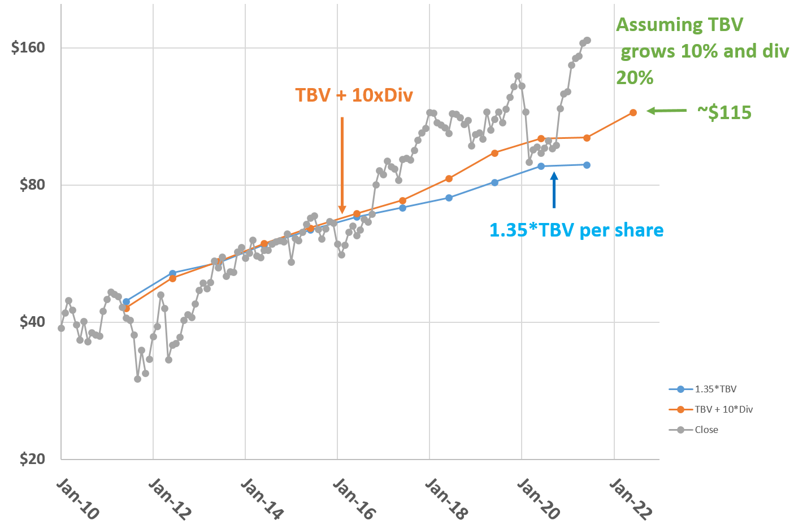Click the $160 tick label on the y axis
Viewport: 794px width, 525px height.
coord(28,48)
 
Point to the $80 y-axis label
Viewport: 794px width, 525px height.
coord(32,185)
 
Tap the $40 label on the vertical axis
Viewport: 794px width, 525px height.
coord(32,322)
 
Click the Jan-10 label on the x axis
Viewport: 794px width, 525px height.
coord(78,499)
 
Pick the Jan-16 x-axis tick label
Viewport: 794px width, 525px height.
coord(354,499)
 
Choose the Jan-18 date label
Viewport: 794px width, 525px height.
coord(446,499)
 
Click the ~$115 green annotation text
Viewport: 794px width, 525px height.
coord(724,113)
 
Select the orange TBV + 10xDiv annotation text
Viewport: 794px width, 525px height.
coord(354,95)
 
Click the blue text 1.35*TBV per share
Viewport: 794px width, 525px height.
coord(576,230)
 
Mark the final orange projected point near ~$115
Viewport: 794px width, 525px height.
coord(633,112)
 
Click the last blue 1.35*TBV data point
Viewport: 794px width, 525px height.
coord(587,165)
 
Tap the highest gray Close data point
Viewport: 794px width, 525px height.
coord(587,40)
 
